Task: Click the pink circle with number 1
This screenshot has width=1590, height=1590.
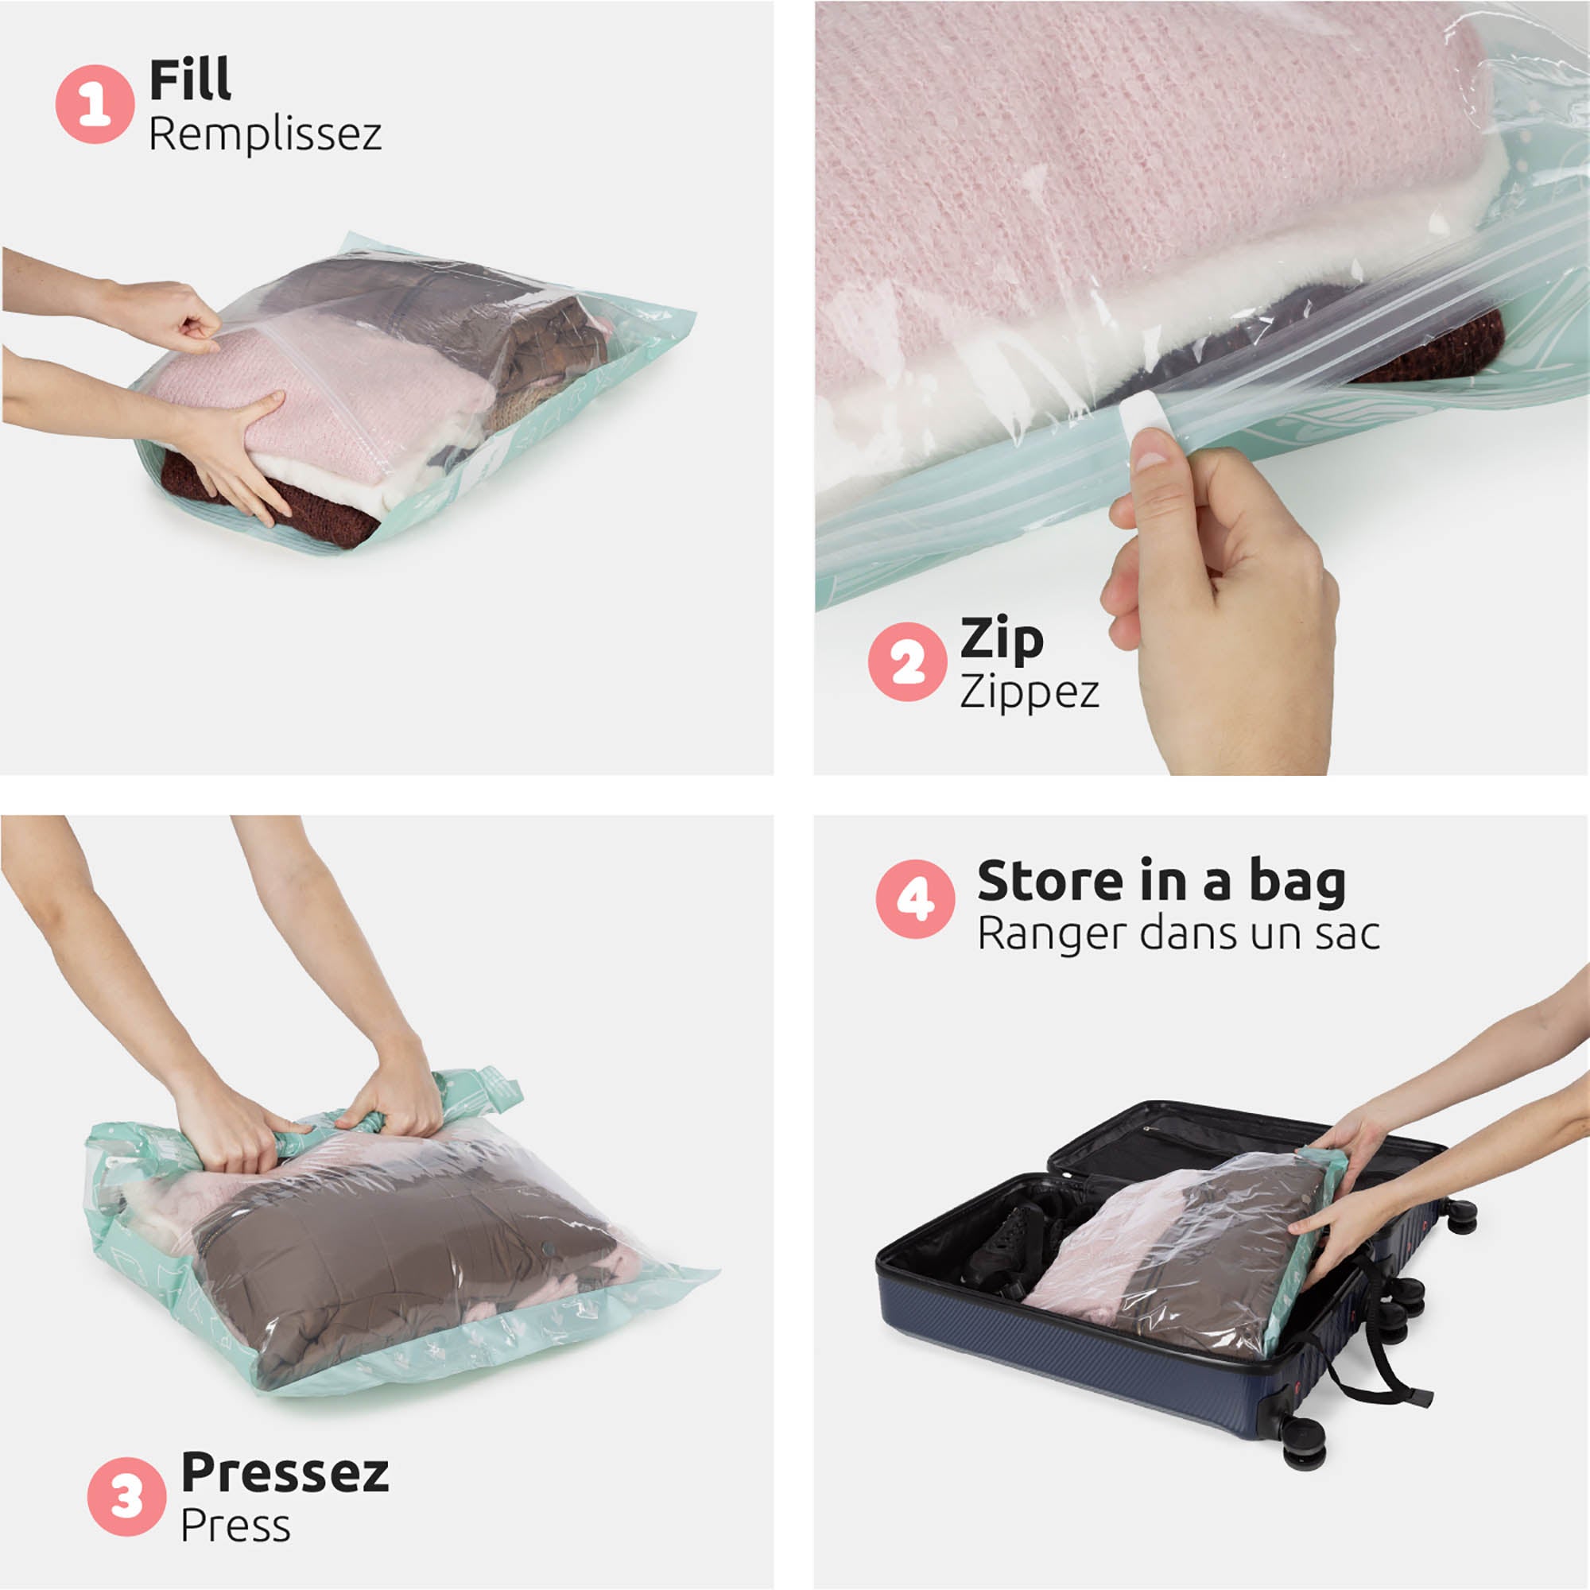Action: (95, 104)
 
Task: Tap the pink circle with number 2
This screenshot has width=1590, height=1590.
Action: (907, 661)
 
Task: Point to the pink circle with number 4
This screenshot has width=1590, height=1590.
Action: (915, 898)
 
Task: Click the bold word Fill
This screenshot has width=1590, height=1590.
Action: (190, 79)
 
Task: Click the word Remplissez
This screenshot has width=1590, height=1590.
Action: (265, 134)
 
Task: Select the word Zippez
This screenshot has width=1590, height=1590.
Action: (1029, 692)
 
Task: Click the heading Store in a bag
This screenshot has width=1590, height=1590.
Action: (1161, 881)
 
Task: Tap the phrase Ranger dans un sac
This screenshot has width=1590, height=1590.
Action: (1177, 934)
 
